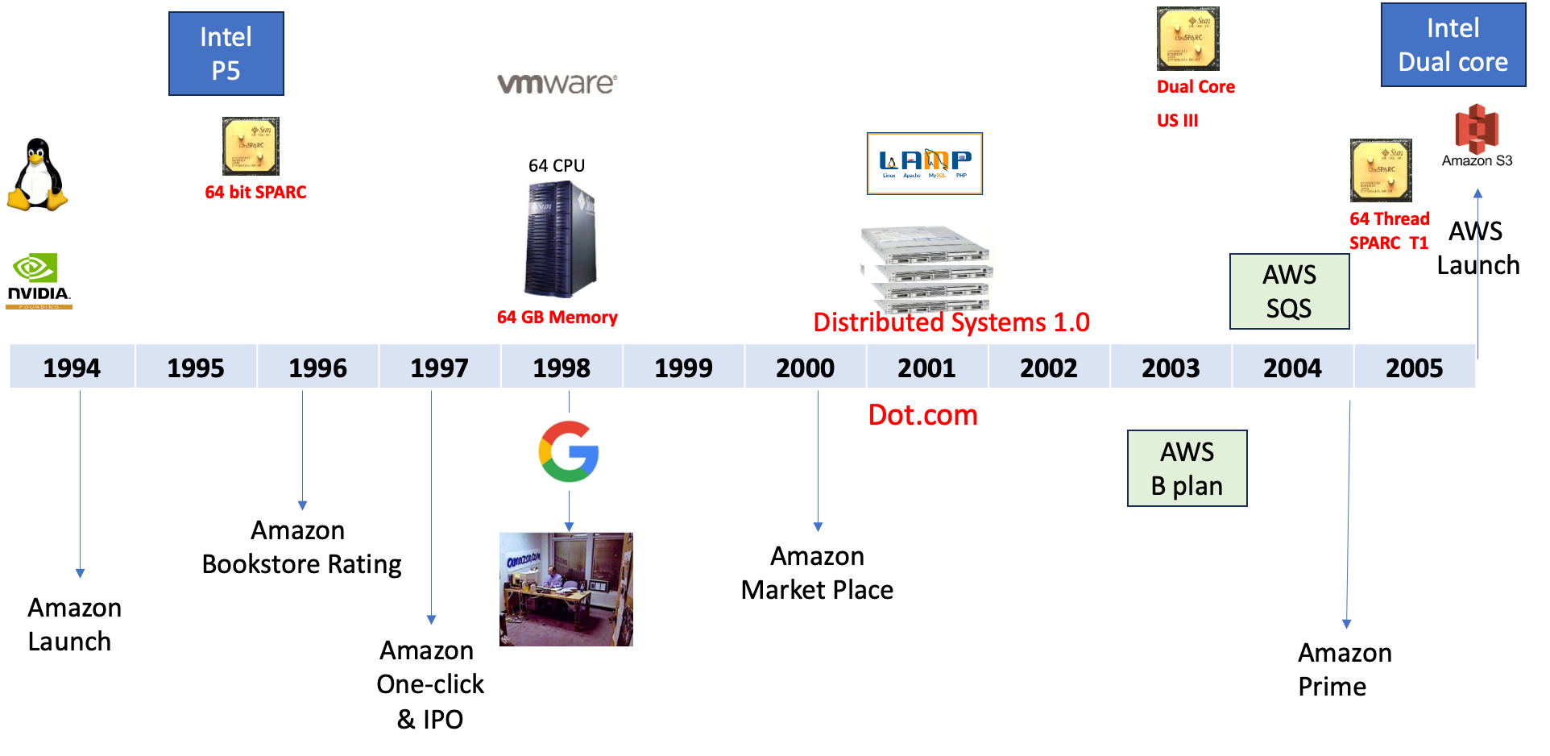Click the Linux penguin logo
click(37, 176)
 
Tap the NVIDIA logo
click(39, 278)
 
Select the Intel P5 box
click(226, 54)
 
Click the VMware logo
click(557, 84)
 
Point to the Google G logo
click(568, 451)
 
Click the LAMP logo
click(925, 164)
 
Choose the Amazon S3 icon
click(1477, 136)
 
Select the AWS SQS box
click(1289, 292)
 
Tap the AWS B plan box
click(1187, 468)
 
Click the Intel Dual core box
click(1453, 45)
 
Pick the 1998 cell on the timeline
click(562, 368)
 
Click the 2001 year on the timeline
click(926, 368)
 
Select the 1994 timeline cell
click(72, 368)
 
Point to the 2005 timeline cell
click(1415, 368)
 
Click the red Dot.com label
click(923, 415)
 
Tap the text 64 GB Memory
click(557, 318)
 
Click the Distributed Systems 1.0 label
click(951, 322)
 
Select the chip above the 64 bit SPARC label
click(251, 147)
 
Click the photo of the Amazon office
click(566, 589)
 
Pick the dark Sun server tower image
click(561, 239)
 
